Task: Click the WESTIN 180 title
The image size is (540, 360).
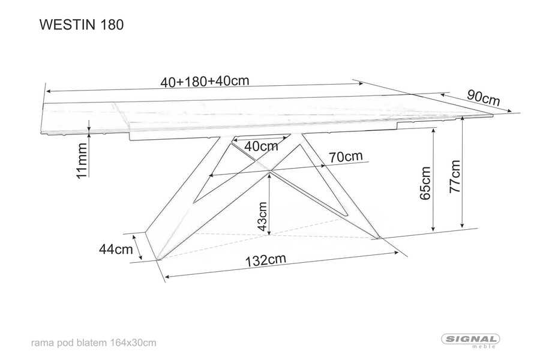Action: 82,25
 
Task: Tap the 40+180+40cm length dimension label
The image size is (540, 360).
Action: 205,81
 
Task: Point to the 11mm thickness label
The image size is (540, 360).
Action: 82,161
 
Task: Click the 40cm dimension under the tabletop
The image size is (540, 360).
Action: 261,146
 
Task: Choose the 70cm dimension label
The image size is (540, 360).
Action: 346,157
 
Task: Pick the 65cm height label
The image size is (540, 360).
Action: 425,183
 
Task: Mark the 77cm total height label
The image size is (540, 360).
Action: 455,176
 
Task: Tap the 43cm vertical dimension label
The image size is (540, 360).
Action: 262,217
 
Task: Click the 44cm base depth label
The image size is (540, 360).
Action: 116,249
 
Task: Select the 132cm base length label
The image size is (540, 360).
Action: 266,260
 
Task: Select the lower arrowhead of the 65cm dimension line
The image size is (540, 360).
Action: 433,229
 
